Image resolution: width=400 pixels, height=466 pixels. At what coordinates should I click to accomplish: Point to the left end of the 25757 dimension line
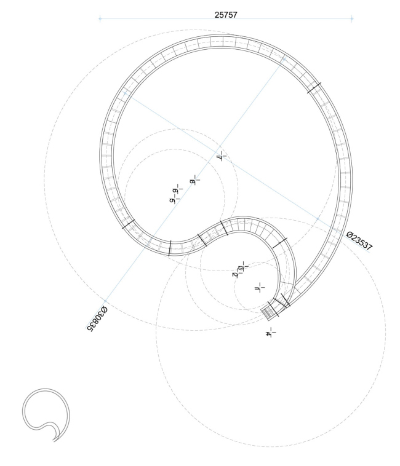coord(100,20)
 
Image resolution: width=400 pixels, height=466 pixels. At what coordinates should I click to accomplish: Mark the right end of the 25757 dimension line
coord(352,20)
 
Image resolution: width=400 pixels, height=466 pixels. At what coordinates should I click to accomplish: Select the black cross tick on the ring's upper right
coord(314,88)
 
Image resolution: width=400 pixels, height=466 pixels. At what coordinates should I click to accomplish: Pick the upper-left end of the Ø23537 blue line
coord(126,93)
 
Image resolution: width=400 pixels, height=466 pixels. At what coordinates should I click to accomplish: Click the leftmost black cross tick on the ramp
coord(128,224)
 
